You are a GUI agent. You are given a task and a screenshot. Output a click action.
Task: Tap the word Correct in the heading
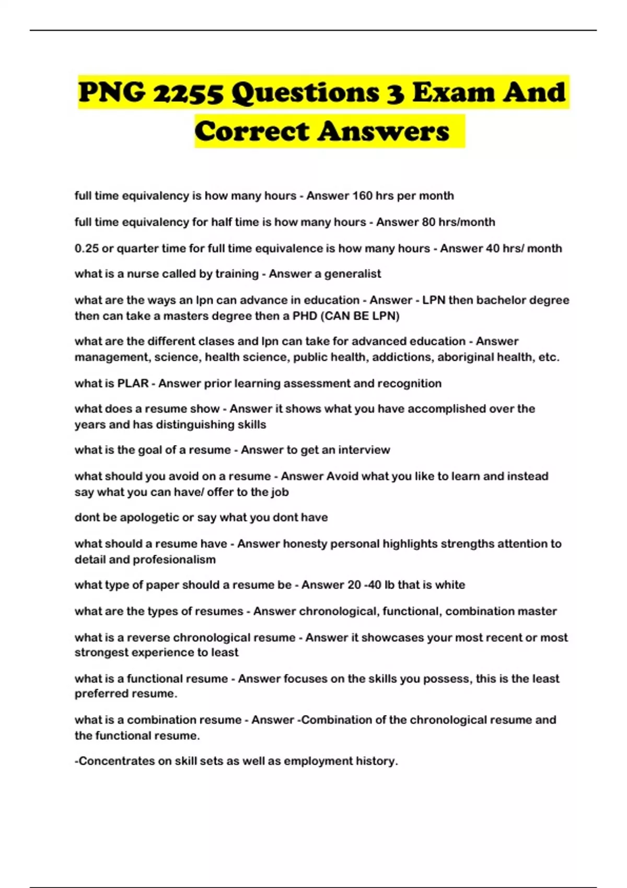252,131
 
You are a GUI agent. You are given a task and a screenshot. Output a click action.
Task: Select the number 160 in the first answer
363,196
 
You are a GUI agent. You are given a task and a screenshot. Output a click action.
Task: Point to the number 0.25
86,248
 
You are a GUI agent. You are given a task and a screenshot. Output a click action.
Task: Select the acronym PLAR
133,383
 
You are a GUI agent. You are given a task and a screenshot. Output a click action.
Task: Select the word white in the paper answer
450,585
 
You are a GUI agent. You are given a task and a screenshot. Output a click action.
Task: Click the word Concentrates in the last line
116,761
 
